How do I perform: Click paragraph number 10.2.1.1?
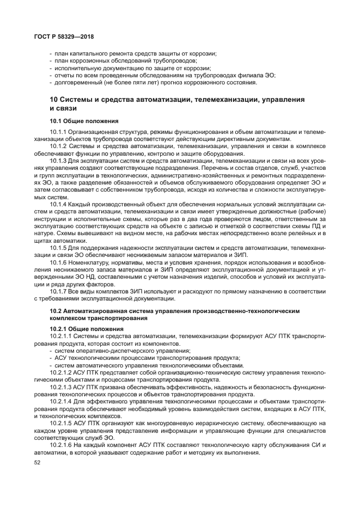[62, 336]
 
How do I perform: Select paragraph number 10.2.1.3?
[62, 387]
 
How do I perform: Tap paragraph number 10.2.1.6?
[62, 444]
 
